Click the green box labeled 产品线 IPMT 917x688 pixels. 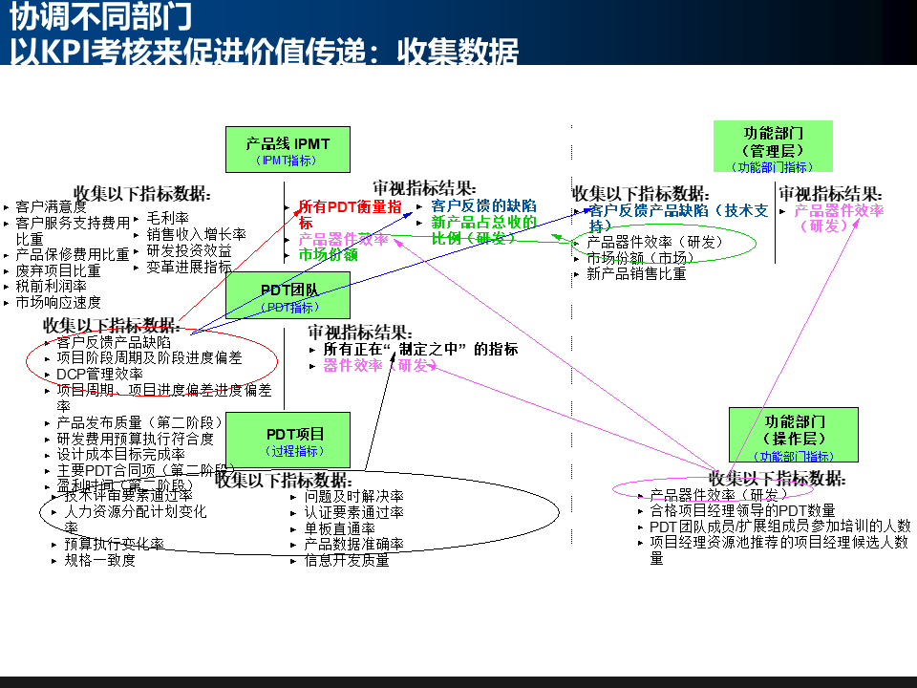pyautogui.click(x=288, y=150)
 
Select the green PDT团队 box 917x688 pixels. pyautogui.click(x=288, y=295)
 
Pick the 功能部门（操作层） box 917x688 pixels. pyautogui.click(x=793, y=435)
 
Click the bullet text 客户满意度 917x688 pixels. pyautogui.click(x=51, y=206)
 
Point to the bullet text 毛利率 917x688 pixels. pyautogui.click(x=167, y=219)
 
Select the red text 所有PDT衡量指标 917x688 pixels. pyautogui.click(x=349, y=213)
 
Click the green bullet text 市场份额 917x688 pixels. pyautogui.click(x=328, y=255)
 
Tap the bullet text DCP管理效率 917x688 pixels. pyautogui.click(x=99, y=374)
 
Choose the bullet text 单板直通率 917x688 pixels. pyautogui.click(x=339, y=528)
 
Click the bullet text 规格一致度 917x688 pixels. pyautogui.click(x=100, y=560)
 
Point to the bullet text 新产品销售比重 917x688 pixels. pyautogui.click(x=636, y=273)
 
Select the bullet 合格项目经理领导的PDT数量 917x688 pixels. pyautogui.click(x=742, y=510)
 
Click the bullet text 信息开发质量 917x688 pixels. pyautogui.click(x=346, y=560)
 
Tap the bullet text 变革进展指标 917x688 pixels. pyautogui.click(x=189, y=266)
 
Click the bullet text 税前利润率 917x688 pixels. pyautogui.click(x=51, y=286)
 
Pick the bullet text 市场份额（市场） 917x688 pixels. pyautogui.click(x=640, y=258)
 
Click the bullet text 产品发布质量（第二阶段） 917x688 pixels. pyautogui.click(x=139, y=422)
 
